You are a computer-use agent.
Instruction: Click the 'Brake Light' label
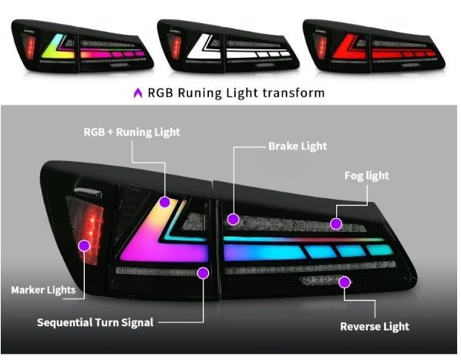(298, 146)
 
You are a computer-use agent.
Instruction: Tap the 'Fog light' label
(367, 176)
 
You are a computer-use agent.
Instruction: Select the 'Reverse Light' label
(375, 326)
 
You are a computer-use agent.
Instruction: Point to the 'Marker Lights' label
(43, 290)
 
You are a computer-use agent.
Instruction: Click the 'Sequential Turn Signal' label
(96, 322)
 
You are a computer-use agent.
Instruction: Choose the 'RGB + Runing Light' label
(132, 132)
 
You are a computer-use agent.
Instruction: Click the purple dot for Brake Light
(234, 219)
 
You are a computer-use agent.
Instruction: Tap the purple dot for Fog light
(336, 224)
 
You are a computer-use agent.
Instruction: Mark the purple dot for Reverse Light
(344, 282)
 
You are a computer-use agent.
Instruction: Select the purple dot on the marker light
(84, 246)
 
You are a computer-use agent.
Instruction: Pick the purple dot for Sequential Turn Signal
(203, 273)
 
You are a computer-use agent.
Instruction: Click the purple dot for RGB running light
(165, 202)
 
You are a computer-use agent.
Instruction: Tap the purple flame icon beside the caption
(138, 93)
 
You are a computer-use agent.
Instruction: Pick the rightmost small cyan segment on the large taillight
(379, 250)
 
